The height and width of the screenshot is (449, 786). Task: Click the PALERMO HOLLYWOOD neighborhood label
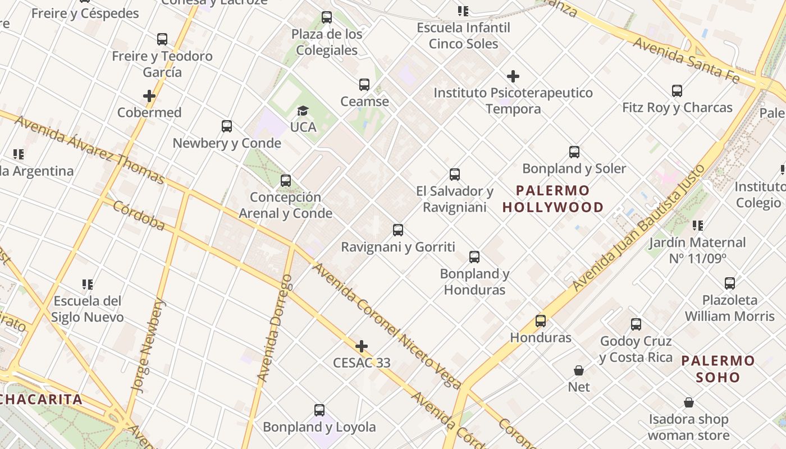click(x=553, y=199)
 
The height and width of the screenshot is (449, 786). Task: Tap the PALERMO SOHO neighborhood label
click(x=718, y=369)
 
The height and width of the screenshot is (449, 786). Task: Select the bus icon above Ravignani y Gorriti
click(x=398, y=230)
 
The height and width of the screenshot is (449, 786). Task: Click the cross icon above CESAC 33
click(x=362, y=346)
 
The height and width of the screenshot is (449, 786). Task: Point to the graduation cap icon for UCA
click(x=303, y=111)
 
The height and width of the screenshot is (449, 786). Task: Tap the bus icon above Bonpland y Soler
click(x=574, y=152)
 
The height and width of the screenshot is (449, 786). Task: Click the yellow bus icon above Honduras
click(x=540, y=321)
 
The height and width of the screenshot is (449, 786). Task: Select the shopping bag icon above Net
click(x=579, y=370)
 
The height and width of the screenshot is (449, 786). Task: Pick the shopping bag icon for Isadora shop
click(x=688, y=403)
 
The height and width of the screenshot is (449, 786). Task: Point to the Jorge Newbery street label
click(x=149, y=344)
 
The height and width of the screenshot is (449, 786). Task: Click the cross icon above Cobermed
click(x=149, y=96)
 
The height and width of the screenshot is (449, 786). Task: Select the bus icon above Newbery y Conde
click(x=227, y=126)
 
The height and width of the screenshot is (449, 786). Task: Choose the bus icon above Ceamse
click(x=364, y=85)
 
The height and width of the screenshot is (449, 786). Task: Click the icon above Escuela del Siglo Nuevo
click(x=87, y=285)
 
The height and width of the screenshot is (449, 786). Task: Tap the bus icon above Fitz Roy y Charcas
click(x=677, y=91)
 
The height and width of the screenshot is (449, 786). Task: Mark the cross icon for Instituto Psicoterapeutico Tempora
click(x=513, y=76)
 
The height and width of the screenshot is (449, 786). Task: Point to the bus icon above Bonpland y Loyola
click(x=319, y=410)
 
